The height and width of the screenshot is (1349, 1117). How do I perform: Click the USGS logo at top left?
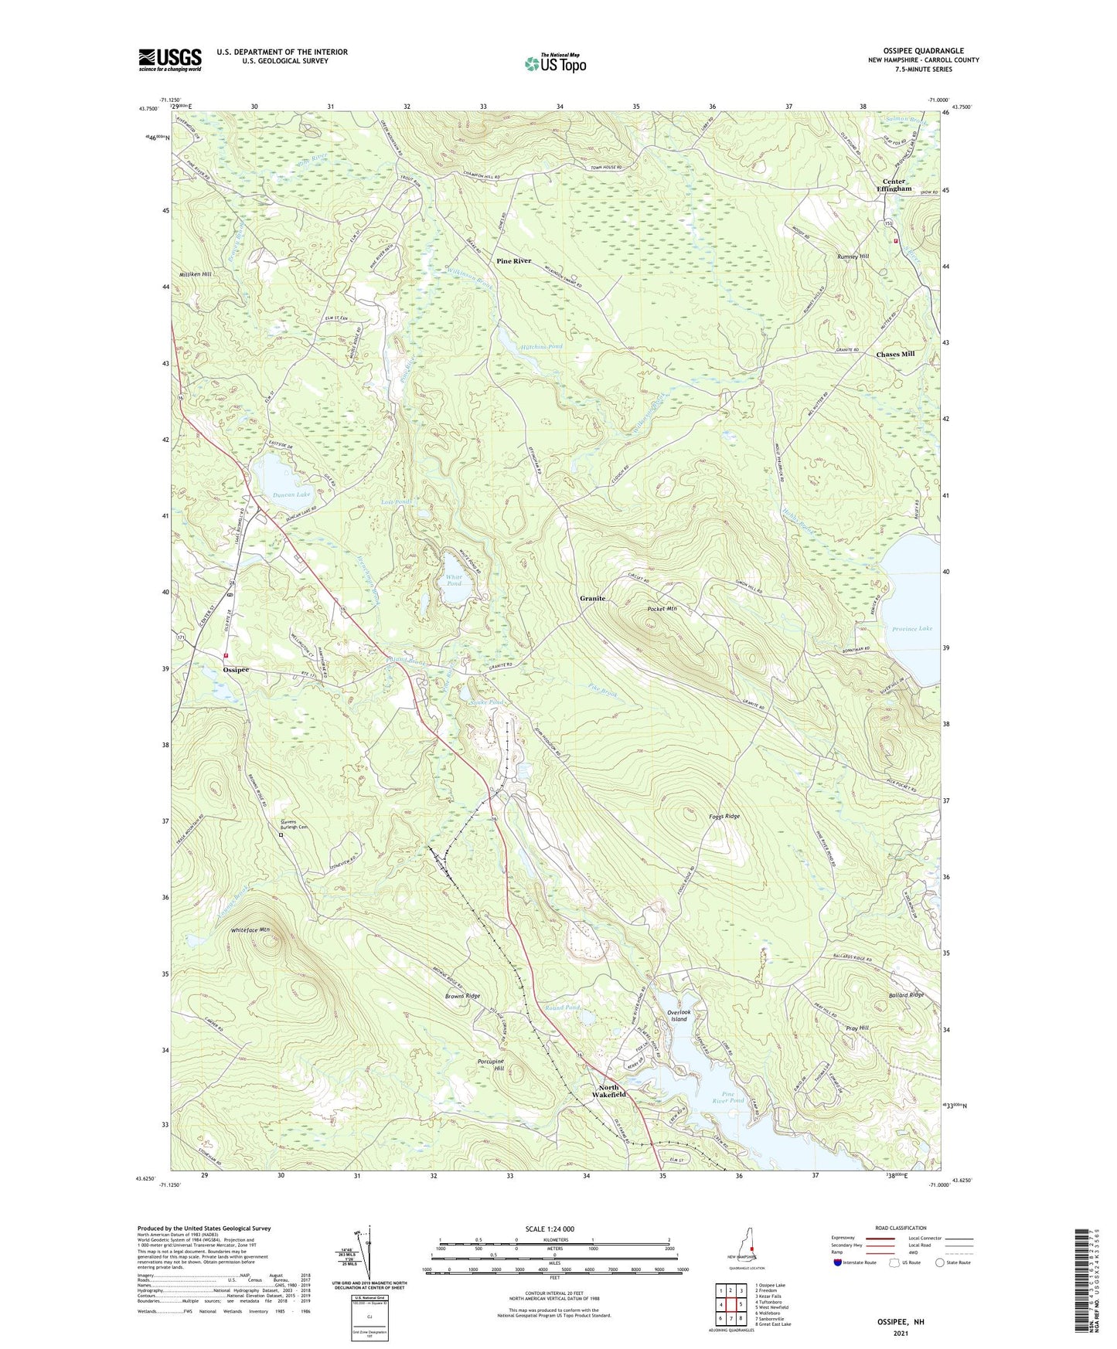click(170, 59)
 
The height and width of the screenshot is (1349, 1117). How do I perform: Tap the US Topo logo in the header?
click(555, 63)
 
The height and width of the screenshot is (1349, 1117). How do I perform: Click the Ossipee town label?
click(236, 670)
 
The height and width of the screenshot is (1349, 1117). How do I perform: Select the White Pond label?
click(454, 580)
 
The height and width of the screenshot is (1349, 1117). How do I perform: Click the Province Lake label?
click(911, 629)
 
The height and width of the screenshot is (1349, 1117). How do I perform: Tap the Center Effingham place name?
click(894, 185)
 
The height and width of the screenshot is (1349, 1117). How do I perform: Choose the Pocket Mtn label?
click(662, 609)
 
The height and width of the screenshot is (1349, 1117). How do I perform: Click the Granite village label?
click(593, 599)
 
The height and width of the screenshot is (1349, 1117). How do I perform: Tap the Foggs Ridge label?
click(724, 817)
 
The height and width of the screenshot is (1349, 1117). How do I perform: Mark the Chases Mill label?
click(895, 354)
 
